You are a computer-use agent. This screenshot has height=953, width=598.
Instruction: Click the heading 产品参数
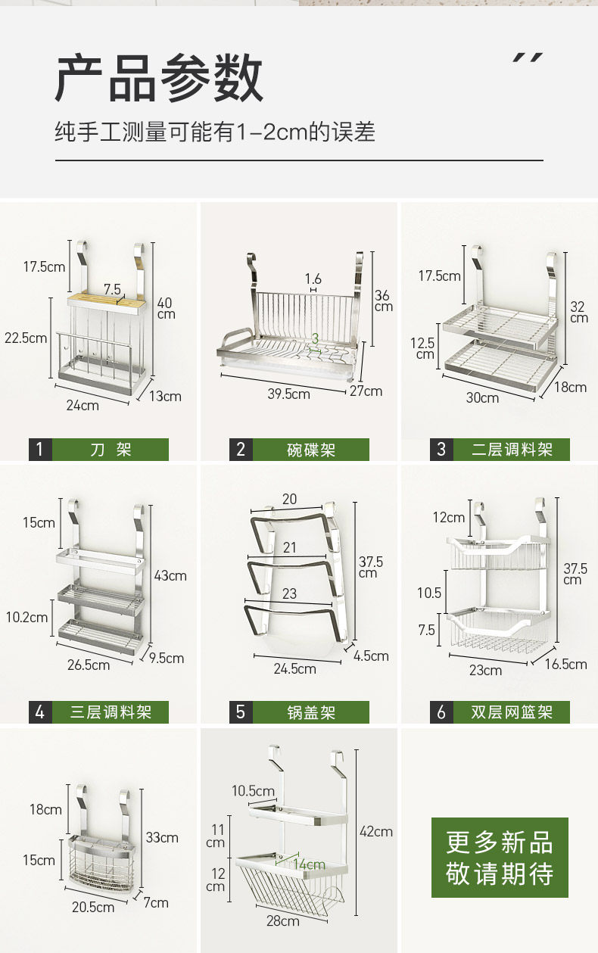159,78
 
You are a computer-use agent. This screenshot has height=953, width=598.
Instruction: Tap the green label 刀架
111,450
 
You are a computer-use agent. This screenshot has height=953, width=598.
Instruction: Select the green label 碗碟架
310,450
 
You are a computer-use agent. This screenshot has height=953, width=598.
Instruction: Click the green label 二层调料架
512,450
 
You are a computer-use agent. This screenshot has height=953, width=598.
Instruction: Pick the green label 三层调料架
111,712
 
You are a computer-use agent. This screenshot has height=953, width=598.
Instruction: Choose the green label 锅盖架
310,712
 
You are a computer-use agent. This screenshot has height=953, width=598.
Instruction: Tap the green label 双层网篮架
512,712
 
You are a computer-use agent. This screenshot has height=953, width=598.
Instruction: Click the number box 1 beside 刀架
40,450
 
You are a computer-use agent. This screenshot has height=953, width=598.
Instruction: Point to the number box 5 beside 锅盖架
241,712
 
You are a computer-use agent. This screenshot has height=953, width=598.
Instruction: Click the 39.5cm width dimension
288,394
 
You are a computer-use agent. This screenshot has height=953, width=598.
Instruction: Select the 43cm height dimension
170,576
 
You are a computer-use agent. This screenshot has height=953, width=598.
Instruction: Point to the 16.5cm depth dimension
565,664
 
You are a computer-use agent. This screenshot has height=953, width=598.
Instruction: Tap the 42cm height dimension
376,831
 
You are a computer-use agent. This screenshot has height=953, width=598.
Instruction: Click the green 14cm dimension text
309,864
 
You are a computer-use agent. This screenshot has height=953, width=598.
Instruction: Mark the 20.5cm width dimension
94,907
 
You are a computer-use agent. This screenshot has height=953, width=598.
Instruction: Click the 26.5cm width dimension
89,665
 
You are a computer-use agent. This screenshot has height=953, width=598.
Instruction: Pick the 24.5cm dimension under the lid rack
295,668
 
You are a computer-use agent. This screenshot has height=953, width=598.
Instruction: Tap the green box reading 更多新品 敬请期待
500,858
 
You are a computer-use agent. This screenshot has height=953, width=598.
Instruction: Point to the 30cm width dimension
482,397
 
